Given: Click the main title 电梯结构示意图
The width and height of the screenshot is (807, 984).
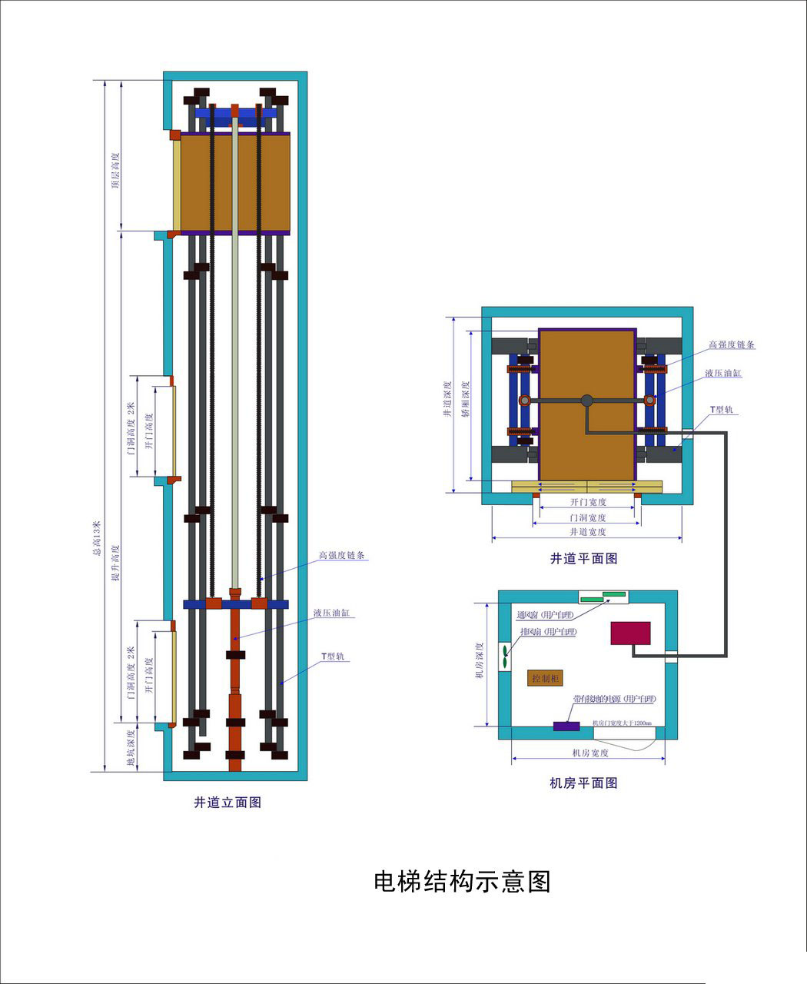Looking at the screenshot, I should tap(462, 881).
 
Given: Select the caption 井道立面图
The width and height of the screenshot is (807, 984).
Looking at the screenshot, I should tap(227, 803).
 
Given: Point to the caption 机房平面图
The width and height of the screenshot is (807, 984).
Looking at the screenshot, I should tap(583, 783).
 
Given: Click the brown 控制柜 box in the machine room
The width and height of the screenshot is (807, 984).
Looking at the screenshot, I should tap(546, 678).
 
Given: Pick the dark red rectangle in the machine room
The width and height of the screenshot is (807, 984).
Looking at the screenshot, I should tap(630, 633).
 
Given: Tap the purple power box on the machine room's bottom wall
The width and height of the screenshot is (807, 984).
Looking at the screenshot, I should tap(566, 726).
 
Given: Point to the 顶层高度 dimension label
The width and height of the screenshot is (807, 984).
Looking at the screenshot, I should tap(115, 171).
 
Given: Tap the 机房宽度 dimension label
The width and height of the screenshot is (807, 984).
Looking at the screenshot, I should tap(589, 753).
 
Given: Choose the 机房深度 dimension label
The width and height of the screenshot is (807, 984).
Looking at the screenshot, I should tap(479, 660).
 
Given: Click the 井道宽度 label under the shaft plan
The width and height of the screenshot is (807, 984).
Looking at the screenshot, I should tap(587, 531).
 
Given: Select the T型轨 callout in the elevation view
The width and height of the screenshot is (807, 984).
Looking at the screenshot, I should tap(334, 657).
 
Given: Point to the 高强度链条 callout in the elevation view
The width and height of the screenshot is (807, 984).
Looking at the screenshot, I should tap(342, 555).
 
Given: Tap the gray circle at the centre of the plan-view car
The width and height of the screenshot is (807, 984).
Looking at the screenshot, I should tap(587, 400).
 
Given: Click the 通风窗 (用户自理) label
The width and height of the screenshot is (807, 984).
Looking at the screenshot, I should tap(546, 615).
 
